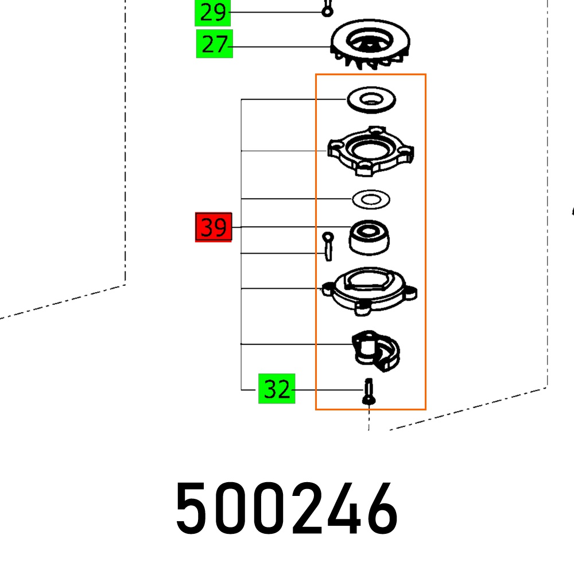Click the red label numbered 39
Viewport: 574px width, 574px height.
[x=214, y=228]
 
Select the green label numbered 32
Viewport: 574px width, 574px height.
[x=277, y=389]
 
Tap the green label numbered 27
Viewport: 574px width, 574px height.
[x=214, y=44]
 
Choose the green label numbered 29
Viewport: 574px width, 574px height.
[x=213, y=12]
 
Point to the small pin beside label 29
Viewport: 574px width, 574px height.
[x=327, y=10]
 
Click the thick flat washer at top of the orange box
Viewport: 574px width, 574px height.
[x=371, y=99]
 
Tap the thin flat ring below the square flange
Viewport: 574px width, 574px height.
[x=371, y=199]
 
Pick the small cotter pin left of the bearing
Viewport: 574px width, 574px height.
[x=327, y=246]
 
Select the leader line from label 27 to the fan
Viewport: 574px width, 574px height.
[x=281, y=46]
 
